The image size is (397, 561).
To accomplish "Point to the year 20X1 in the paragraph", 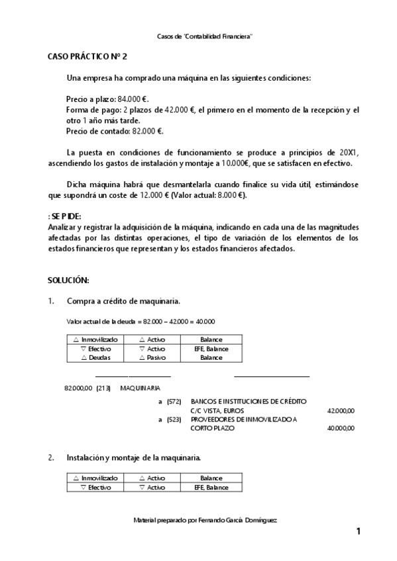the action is pyautogui.click(x=347, y=152).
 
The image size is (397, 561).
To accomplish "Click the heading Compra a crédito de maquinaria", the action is pyautogui.click(x=123, y=301).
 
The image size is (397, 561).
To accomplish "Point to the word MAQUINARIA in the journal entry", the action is pyautogui.click(x=140, y=388).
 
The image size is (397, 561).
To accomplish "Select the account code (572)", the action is pyautogui.click(x=174, y=402).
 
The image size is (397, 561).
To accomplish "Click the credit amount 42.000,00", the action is pyautogui.click(x=341, y=411).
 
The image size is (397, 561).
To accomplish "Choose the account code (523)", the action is pyautogui.click(x=174, y=419).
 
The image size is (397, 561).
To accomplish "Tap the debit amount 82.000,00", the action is pyautogui.click(x=77, y=388).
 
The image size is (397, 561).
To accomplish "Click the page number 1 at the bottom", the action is pyautogui.click(x=358, y=532).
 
